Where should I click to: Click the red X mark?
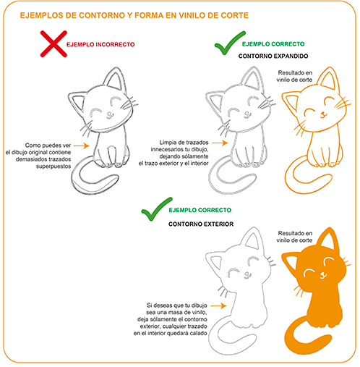click(x=53, y=44)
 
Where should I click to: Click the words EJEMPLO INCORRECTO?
click(x=100, y=45)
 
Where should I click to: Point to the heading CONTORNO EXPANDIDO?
click(x=273, y=56)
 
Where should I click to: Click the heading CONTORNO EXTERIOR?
click(x=201, y=224)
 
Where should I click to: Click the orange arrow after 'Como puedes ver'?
click(x=82, y=145)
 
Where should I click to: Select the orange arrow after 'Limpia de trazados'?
click(x=220, y=143)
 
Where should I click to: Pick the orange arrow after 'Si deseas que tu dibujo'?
click(x=218, y=305)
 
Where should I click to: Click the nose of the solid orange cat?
click(x=322, y=274)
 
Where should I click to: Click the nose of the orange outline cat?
click(x=322, y=114)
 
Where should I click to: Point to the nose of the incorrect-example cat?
click(x=109, y=114)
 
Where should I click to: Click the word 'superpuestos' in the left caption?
click(x=53, y=166)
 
